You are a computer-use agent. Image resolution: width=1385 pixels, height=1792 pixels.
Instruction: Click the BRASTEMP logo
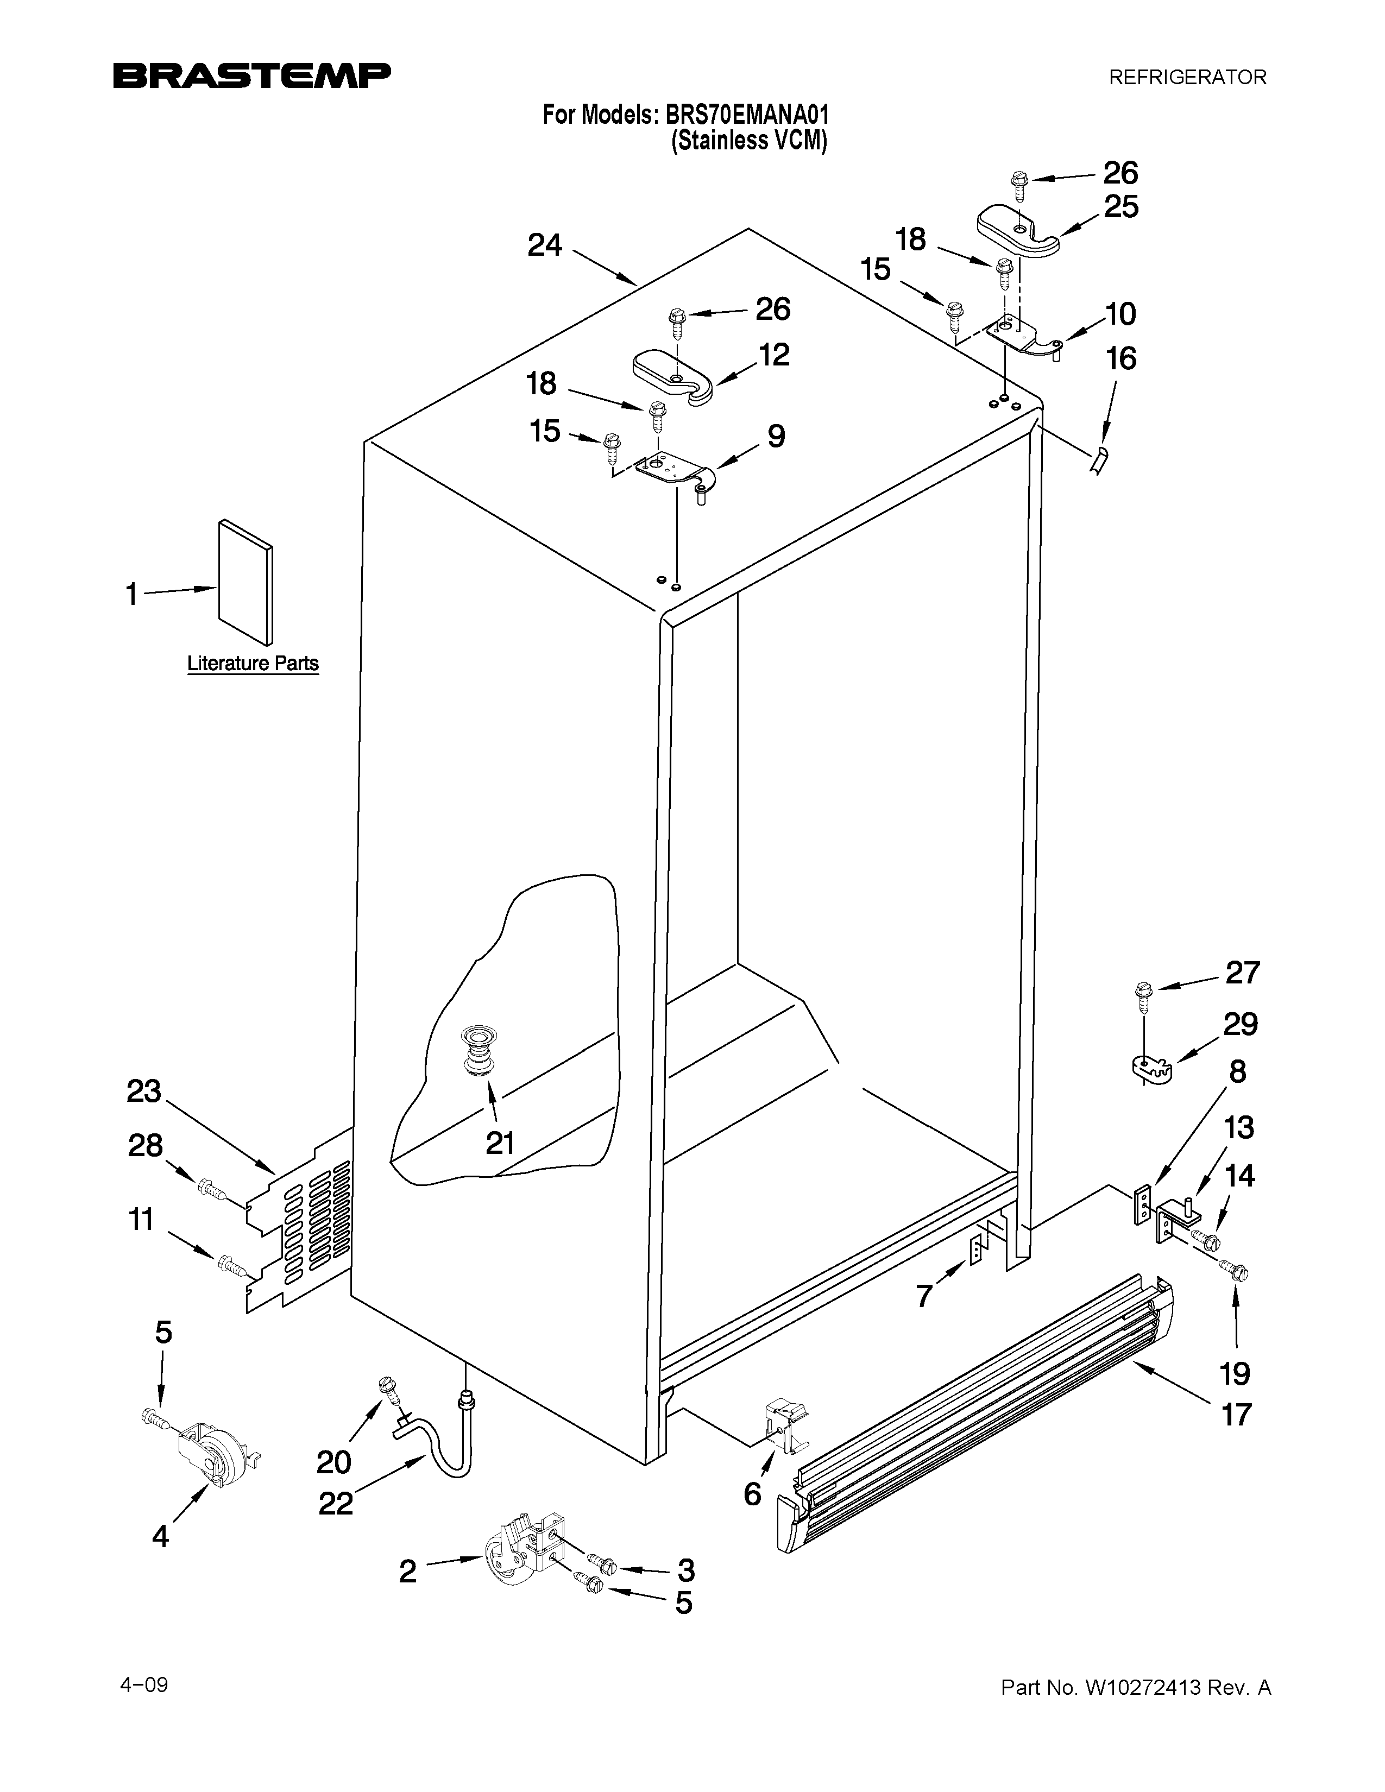point(252,77)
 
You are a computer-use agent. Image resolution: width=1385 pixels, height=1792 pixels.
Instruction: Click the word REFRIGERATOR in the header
point(1187,77)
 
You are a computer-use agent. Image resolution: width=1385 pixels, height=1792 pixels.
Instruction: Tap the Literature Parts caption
point(253,663)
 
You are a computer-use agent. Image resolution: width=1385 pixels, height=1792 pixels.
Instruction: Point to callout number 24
point(545,244)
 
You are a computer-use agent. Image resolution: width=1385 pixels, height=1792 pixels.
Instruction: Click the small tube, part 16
point(1099,460)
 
